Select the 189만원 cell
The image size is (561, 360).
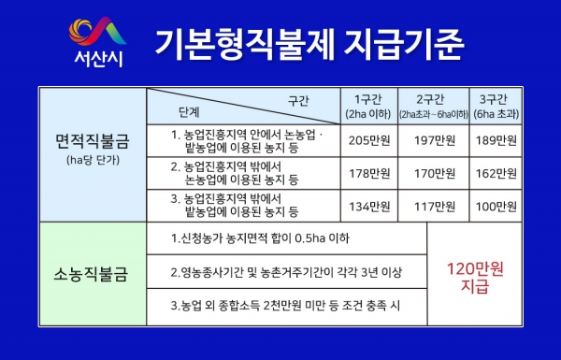point(496,140)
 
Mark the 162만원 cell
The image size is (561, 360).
point(496,173)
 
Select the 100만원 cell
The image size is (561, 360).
point(496,206)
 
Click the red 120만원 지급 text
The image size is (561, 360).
point(474,278)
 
